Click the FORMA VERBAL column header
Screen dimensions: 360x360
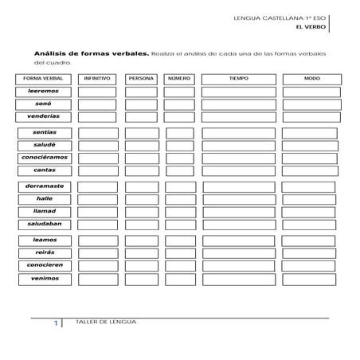pyautogui.click(x=45, y=79)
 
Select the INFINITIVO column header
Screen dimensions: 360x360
pyautogui.click(x=96, y=79)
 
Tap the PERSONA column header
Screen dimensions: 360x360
pyautogui.click(x=141, y=79)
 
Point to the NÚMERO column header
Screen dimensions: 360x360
pyautogui.click(x=179, y=79)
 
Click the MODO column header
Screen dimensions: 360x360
pyautogui.click(x=311, y=79)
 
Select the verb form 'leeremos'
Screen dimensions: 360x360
pyautogui.click(x=45, y=92)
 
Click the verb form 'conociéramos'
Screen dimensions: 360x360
pyautogui.click(x=45, y=158)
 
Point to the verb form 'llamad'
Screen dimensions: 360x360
pyautogui.click(x=45, y=212)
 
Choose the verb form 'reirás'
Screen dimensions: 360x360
pyautogui.click(x=45, y=252)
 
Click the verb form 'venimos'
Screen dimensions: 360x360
pyautogui.click(x=45, y=279)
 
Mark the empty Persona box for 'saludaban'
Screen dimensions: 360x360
pyautogui.click(x=141, y=225)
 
